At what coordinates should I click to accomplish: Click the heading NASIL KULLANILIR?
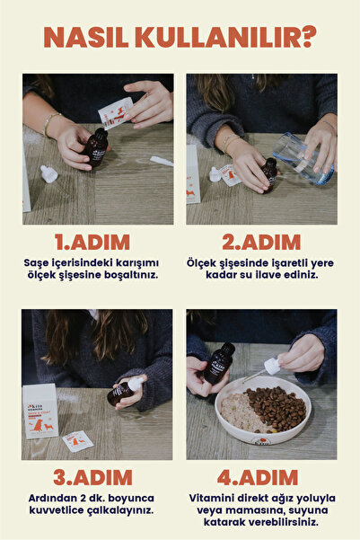pyautogui.click(x=180, y=38)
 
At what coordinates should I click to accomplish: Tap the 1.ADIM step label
pyautogui.click(x=91, y=243)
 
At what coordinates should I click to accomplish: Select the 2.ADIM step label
pyautogui.click(x=261, y=243)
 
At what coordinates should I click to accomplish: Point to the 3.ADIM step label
pyautogui.click(x=91, y=478)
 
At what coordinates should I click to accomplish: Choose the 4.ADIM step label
pyautogui.click(x=261, y=478)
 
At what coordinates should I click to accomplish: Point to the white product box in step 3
pyautogui.click(x=40, y=410)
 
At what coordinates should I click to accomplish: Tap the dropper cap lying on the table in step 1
pyautogui.click(x=48, y=172)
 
